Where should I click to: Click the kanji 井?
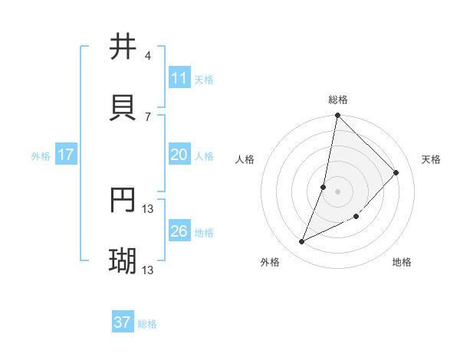(x=123, y=47)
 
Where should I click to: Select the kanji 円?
(x=123, y=200)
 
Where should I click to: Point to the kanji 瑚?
(x=123, y=261)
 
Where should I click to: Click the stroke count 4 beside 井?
(x=147, y=56)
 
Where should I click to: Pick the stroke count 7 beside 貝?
(x=147, y=116)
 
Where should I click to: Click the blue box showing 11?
(x=179, y=78)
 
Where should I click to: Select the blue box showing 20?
(x=179, y=155)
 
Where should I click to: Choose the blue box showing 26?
(x=179, y=231)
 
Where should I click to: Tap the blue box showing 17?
(x=66, y=155)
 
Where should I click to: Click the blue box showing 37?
(x=122, y=322)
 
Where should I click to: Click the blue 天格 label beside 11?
(x=204, y=80)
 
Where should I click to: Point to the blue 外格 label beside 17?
(x=41, y=156)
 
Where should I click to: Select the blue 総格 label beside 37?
(x=147, y=324)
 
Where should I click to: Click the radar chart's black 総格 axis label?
(x=338, y=100)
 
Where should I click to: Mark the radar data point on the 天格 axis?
(x=396, y=172)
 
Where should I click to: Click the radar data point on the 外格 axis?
(x=302, y=242)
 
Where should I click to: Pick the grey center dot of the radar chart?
(x=338, y=191)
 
